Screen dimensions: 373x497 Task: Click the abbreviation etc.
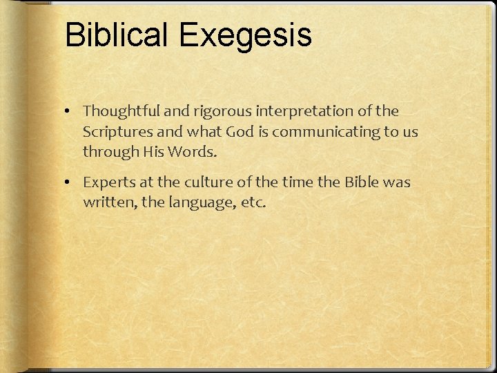point(251,204)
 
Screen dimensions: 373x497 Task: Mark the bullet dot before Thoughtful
point(72,111)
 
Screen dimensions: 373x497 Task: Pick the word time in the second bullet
point(293,183)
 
